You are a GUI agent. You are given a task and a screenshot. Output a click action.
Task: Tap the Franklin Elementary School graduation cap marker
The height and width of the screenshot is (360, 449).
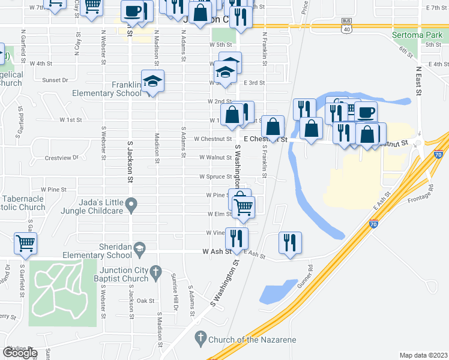(x=152, y=81)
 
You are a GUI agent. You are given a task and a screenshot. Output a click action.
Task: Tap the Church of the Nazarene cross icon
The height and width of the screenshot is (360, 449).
(x=200, y=339)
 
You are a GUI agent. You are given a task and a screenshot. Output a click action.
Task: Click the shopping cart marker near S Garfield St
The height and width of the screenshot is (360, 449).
(x=25, y=243)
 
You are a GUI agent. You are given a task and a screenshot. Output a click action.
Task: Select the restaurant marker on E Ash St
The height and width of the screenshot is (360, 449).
(x=290, y=242)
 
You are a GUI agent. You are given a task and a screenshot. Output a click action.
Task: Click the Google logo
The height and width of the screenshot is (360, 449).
(x=20, y=353)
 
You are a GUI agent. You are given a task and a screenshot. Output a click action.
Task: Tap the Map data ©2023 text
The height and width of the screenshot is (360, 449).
(x=423, y=355)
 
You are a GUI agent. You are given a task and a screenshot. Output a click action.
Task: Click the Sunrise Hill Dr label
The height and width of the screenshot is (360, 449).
(x=176, y=298)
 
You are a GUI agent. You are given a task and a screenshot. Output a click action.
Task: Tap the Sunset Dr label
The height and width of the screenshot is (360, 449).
(x=55, y=79)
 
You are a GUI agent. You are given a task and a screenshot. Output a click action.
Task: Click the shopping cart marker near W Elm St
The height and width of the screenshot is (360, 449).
(x=244, y=206)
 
